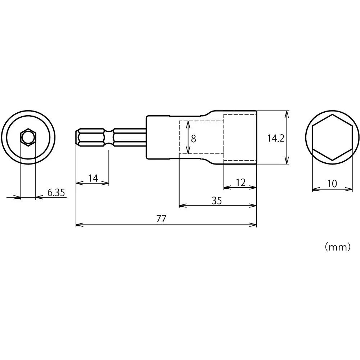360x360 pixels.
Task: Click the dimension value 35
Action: click(x=216, y=201)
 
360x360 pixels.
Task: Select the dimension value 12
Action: click(x=240, y=183)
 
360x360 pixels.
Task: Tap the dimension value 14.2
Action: click(x=276, y=138)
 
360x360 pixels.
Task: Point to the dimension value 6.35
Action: click(x=56, y=193)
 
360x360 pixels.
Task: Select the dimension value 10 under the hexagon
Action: click(x=332, y=184)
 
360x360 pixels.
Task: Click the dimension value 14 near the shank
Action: click(x=93, y=178)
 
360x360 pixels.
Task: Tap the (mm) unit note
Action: click(x=337, y=247)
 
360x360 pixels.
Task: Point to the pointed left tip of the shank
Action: click(x=77, y=138)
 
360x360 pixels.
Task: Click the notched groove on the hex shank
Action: click(x=109, y=138)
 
